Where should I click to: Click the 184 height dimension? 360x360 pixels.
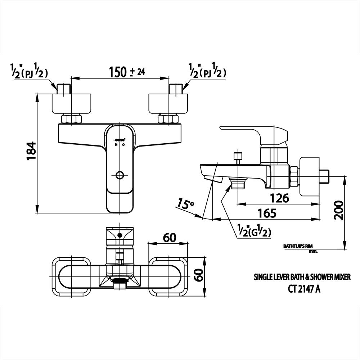(x=32, y=151)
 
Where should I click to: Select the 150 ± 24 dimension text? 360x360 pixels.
(x=127, y=72)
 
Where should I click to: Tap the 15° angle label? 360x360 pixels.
(x=185, y=204)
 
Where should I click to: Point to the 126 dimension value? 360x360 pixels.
(x=280, y=198)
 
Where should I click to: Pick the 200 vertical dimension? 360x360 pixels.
(x=339, y=210)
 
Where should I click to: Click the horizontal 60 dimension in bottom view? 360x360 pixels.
(x=170, y=238)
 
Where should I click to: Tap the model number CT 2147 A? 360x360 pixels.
(x=302, y=289)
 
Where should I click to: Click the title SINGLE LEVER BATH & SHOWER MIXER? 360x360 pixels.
(x=302, y=277)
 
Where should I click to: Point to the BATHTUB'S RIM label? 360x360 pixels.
(x=297, y=246)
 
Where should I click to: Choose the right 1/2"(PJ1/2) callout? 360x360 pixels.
(x=207, y=71)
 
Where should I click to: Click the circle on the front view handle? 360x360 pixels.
(x=120, y=175)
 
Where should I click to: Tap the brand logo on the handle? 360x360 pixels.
(x=120, y=139)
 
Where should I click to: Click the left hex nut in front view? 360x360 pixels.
(x=71, y=119)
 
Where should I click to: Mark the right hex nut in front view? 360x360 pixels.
(x=168, y=119)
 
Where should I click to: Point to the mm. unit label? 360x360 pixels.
(x=313, y=251)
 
